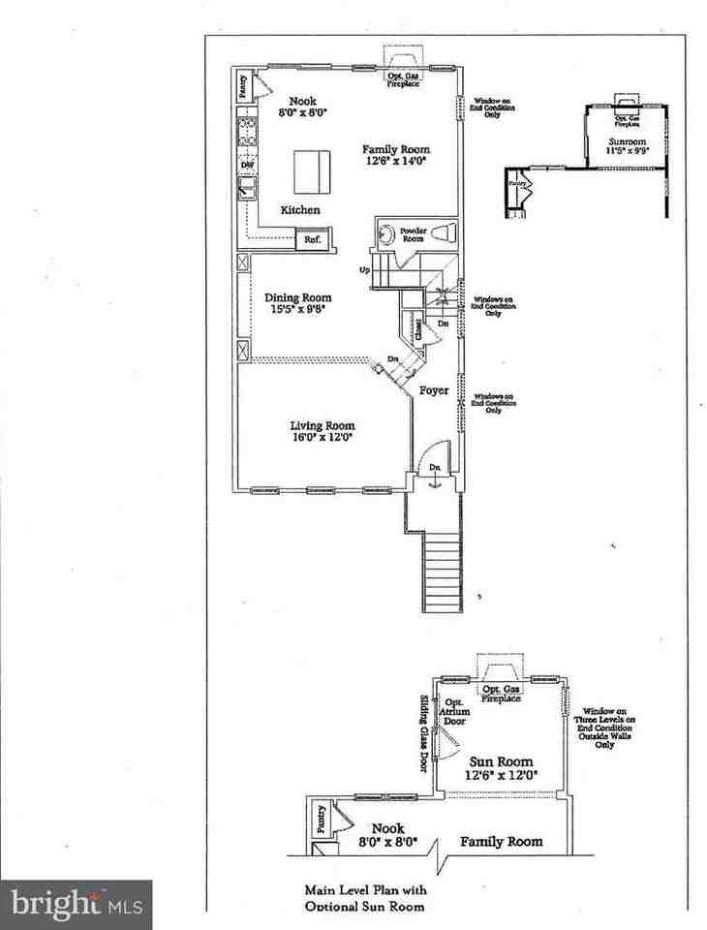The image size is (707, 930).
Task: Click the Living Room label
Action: click(x=323, y=431)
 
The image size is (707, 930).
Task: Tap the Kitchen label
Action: click(x=300, y=210)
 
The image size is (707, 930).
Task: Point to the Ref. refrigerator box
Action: click(x=314, y=239)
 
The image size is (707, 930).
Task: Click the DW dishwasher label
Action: click(x=246, y=166)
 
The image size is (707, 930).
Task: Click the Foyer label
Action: click(x=432, y=391)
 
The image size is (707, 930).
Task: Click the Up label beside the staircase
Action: click(x=364, y=270)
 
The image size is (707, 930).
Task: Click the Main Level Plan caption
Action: click(x=365, y=897)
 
